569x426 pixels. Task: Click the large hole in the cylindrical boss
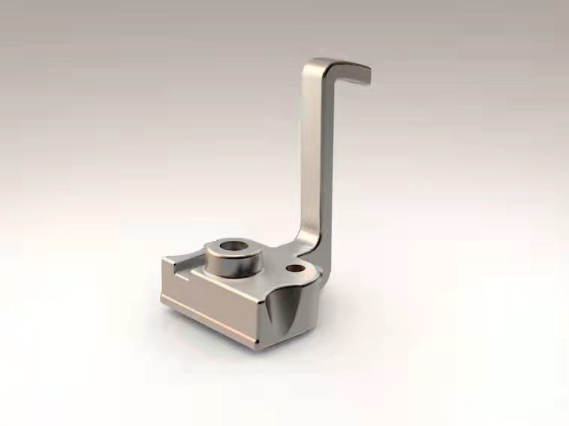(x=231, y=247)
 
